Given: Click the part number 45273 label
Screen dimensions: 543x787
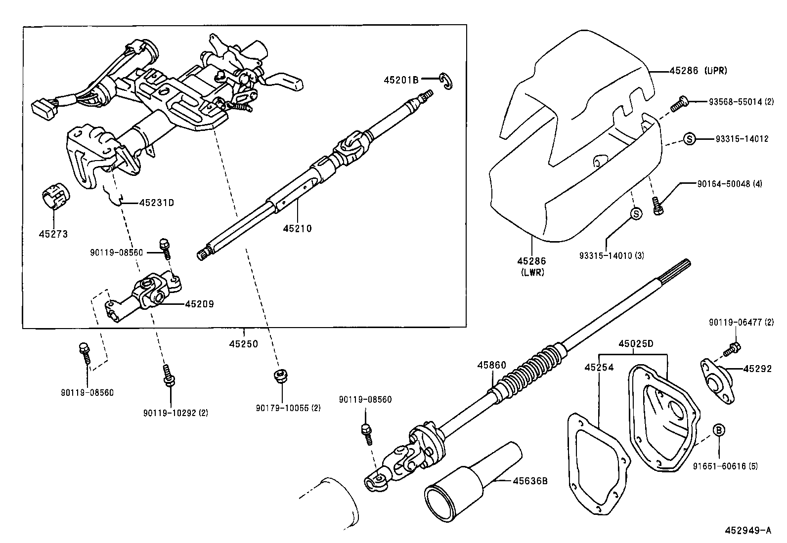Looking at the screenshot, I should click(53, 234).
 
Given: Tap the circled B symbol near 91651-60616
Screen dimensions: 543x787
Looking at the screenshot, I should click(719, 430).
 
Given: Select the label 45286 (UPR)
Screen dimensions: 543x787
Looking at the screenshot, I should click(698, 71).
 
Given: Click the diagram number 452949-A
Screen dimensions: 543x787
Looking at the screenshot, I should click(747, 531).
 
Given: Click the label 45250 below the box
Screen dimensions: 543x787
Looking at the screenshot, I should click(243, 344).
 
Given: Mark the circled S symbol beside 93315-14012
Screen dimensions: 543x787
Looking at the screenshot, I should click(690, 139).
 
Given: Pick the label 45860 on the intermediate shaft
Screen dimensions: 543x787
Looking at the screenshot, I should click(491, 365).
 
